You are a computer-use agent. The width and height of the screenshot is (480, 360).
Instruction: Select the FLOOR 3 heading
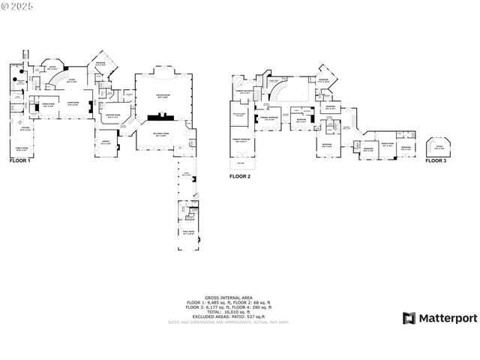click(x=435, y=160)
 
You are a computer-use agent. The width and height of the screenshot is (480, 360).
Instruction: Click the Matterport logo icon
click(x=409, y=319)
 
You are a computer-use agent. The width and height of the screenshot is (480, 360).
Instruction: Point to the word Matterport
click(x=447, y=319)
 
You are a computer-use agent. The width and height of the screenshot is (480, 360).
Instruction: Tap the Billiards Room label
click(x=163, y=136)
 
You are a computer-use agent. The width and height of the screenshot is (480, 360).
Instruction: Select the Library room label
click(x=106, y=143)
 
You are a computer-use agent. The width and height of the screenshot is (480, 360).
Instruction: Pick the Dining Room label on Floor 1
click(x=48, y=106)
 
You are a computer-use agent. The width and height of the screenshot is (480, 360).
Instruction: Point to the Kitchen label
click(x=25, y=129)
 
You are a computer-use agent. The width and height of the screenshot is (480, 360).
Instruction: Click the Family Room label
click(x=22, y=148)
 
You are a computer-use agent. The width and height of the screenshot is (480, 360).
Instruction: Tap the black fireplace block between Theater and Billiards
click(x=162, y=117)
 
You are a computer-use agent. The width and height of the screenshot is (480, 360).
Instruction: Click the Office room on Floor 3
click(x=436, y=147)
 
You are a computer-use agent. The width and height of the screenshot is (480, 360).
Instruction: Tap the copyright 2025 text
click(x=20, y=7)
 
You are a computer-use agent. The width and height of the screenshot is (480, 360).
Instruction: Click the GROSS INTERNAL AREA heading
click(x=228, y=298)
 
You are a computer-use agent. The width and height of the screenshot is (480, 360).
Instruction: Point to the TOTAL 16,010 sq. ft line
click(x=228, y=311)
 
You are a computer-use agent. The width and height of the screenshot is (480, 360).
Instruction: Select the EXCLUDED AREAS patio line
click(x=228, y=316)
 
